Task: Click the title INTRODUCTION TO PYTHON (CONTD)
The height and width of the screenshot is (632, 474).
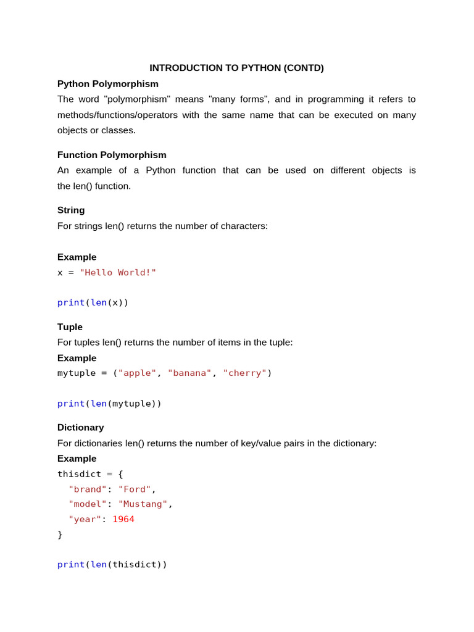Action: pyautogui.click(x=236, y=68)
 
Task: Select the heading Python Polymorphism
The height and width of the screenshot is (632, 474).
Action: pyautogui.click(x=108, y=84)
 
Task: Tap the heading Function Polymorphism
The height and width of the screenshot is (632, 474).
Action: pyautogui.click(x=112, y=155)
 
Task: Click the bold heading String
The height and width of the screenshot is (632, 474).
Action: pyautogui.click(x=71, y=210)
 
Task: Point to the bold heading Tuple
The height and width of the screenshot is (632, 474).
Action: pyautogui.click(x=70, y=327)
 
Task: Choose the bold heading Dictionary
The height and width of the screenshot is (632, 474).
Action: pyautogui.click(x=81, y=427)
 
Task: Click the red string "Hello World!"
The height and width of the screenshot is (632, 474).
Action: pyautogui.click(x=118, y=273)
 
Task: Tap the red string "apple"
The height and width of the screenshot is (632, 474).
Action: pyautogui.click(x=137, y=373)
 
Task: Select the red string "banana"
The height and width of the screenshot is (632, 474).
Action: pyautogui.click(x=189, y=373)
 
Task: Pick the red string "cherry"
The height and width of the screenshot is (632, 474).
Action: pyautogui.click(x=244, y=373)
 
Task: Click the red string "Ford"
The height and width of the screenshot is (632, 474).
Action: pyautogui.click(x=135, y=489)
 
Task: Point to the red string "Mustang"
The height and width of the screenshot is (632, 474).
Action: pyautogui.click(x=143, y=504)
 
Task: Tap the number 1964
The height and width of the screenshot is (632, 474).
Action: pyautogui.click(x=123, y=520)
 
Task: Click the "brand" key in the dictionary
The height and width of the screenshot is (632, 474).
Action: pyautogui.click(x=88, y=489)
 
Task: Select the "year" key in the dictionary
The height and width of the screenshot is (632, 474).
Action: pyautogui.click(x=85, y=520)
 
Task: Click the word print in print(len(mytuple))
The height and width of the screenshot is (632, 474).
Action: pyautogui.click(x=71, y=404)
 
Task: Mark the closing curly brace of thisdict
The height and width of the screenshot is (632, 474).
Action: pyautogui.click(x=60, y=534)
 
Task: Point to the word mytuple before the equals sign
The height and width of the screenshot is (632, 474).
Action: pyautogui.click(x=77, y=373)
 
